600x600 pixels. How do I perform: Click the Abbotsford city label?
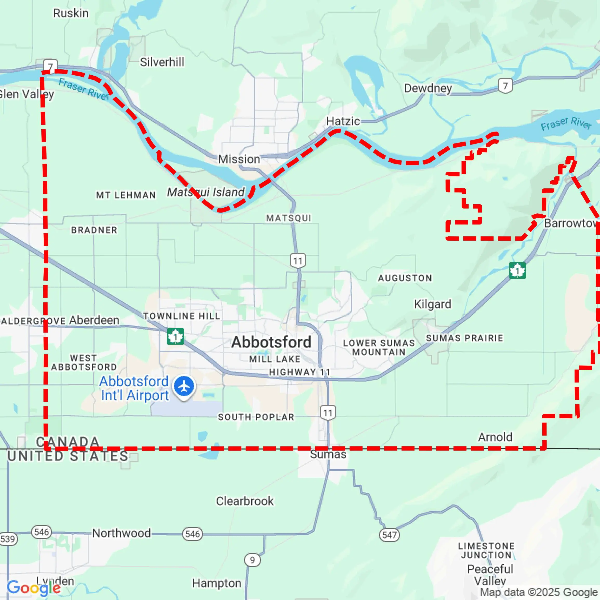click(x=271, y=342)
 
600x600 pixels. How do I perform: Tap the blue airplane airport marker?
click(x=184, y=386)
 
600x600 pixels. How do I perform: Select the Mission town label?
click(x=239, y=159)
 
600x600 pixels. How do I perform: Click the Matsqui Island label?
click(x=206, y=192)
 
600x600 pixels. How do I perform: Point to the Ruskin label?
click(x=71, y=13)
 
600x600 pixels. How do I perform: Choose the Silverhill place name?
click(x=162, y=62)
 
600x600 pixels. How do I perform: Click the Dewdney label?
click(x=428, y=88)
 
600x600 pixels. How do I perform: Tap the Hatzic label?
click(x=343, y=121)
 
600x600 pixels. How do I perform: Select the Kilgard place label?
click(x=433, y=304)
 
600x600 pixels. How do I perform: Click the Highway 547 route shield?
click(x=389, y=535)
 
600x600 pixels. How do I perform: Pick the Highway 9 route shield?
click(x=252, y=560)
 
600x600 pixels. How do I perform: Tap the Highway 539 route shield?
click(x=8, y=538)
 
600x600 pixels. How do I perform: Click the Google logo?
click(x=34, y=588)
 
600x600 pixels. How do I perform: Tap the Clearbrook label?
click(x=245, y=501)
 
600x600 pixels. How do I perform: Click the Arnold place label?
click(x=495, y=437)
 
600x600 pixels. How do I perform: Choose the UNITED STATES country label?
click(x=68, y=456)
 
